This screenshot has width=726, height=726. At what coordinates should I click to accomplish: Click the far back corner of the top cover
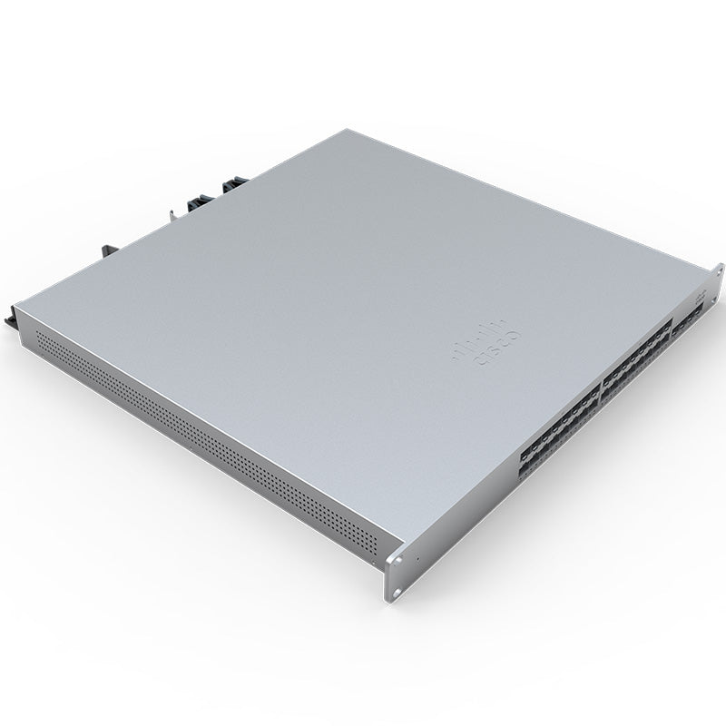(x=340, y=130)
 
